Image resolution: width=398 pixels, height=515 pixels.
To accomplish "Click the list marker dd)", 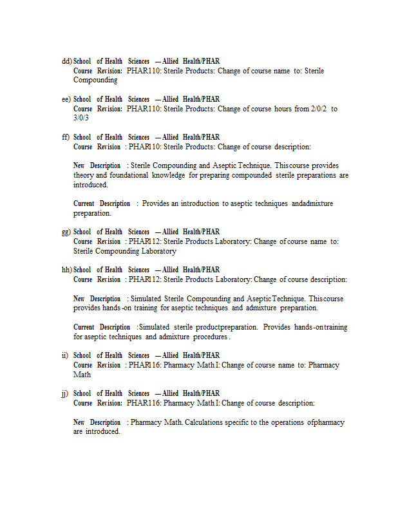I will [66, 61].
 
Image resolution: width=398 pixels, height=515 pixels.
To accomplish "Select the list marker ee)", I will [66, 99].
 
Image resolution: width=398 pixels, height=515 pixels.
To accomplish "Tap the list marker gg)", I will [66, 232].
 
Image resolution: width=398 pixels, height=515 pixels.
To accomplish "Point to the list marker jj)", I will [65, 393].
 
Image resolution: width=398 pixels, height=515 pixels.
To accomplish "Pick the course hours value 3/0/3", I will [81, 118].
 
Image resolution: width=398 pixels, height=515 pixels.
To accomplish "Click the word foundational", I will [129, 175].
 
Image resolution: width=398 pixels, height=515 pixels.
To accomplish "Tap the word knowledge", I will [169, 175].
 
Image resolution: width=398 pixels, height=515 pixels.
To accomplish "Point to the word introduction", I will [200, 203].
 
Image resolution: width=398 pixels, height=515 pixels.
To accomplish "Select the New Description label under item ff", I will [97, 165].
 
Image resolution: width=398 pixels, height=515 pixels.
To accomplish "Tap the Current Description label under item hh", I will [101, 327].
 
